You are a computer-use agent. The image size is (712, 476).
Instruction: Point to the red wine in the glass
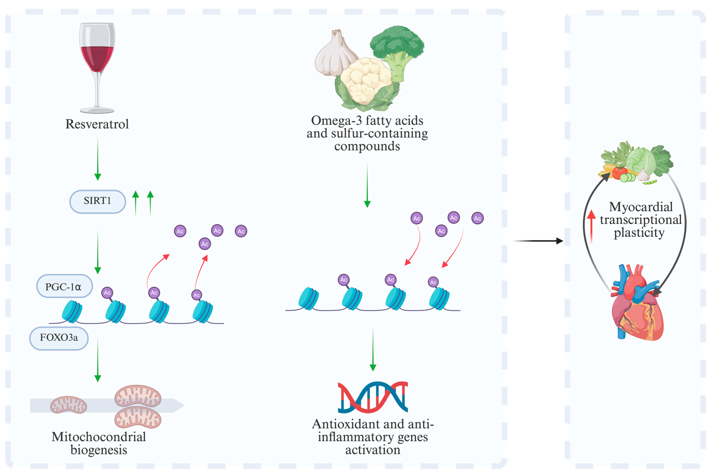click(x=97, y=58)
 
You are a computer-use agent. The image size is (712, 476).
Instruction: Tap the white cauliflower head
click(x=366, y=81)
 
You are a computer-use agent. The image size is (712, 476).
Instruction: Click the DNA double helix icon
click(x=373, y=397)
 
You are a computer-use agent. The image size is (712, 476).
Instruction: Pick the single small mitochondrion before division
click(x=69, y=405)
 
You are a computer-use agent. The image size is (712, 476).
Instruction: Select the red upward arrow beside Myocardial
click(x=591, y=226)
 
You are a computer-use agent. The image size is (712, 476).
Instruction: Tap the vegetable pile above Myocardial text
click(x=636, y=164)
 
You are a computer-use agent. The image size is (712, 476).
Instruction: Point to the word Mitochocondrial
click(x=99, y=437)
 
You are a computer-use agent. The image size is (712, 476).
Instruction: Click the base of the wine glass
click(x=97, y=110)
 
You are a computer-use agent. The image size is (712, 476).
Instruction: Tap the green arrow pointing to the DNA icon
click(x=373, y=349)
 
